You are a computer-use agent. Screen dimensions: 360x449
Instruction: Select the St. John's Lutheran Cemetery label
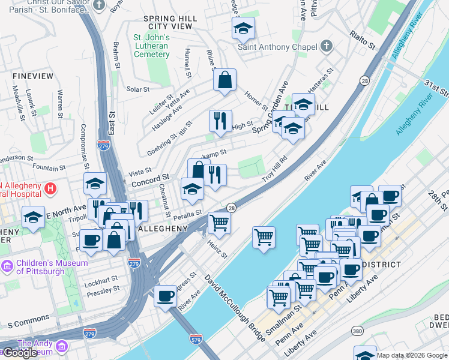[151, 46]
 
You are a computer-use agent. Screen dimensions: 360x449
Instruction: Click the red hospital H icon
[51, 188]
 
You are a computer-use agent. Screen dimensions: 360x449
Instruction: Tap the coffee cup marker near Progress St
[165, 295]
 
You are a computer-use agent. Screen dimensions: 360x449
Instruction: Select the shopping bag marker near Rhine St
[224, 80]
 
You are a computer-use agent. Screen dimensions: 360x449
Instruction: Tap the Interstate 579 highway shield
[196, 339]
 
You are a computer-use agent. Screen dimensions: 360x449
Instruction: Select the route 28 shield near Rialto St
[364, 80]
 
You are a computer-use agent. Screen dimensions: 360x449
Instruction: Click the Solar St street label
[137, 89]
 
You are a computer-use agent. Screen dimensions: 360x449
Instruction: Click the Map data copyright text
[412, 355]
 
